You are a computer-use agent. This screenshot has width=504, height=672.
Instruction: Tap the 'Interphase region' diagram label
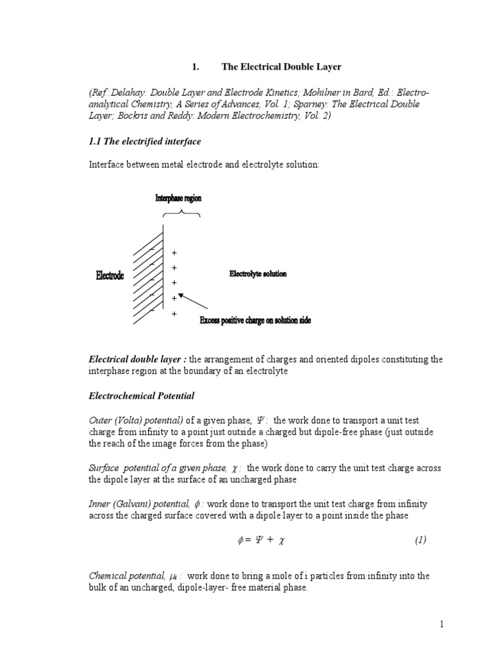[x=178, y=198]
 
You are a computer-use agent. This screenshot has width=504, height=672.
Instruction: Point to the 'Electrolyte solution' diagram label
[x=258, y=274]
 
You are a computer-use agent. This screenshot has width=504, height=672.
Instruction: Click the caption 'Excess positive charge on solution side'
[x=255, y=320]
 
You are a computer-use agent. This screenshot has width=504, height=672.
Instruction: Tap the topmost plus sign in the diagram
[x=174, y=253]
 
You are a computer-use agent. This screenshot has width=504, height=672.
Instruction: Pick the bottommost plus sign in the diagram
[x=174, y=314]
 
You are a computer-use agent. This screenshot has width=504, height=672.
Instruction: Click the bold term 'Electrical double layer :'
[x=138, y=359]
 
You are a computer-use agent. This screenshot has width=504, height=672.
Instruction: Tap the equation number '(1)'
[x=421, y=540]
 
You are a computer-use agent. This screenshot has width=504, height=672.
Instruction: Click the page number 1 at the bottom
[x=442, y=624]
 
